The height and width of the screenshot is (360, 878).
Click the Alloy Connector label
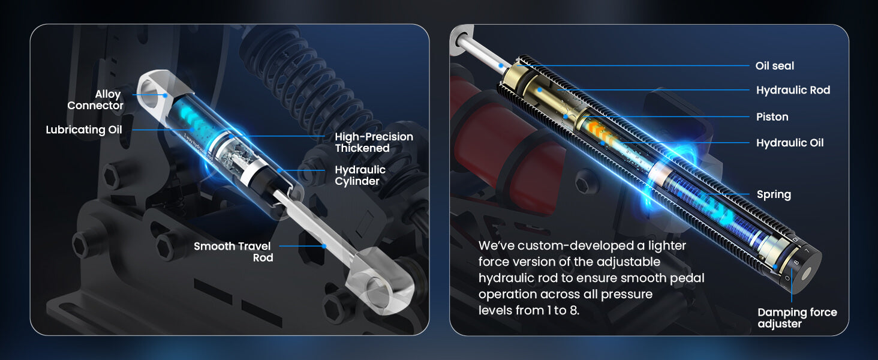[x=95, y=100]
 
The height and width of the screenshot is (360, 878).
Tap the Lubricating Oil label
[x=84, y=130]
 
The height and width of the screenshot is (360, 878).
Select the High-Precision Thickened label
[x=374, y=142]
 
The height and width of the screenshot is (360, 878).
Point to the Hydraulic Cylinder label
[x=360, y=175]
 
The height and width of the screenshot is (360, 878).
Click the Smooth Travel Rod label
[x=233, y=252]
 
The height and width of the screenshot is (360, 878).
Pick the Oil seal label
[x=774, y=66]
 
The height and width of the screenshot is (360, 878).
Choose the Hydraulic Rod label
[x=793, y=90]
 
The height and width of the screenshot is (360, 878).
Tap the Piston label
[x=772, y=117]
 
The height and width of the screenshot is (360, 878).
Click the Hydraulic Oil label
[x=790, y=143]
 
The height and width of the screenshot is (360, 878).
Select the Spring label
[x=774, y=194]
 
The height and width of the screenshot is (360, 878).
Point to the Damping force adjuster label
[x=797, y=318]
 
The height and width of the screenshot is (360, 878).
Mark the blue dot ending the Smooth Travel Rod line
[x=324, y=246]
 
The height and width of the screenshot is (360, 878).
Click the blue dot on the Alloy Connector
[x=166, y=95]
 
